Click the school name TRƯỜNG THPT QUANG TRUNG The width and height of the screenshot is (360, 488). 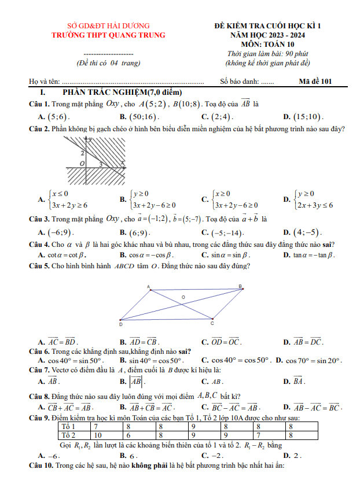[108, 35]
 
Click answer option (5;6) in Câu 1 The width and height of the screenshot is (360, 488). [58, 116]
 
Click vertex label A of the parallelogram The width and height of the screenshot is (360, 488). [148, 286]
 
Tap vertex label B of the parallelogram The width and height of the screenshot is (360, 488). [240, 286]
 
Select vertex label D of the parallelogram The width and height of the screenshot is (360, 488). [120, 324]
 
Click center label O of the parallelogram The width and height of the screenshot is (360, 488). [183, 297]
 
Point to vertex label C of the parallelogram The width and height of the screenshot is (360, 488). [212, 323]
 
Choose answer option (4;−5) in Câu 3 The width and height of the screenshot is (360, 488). [307, 232]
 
